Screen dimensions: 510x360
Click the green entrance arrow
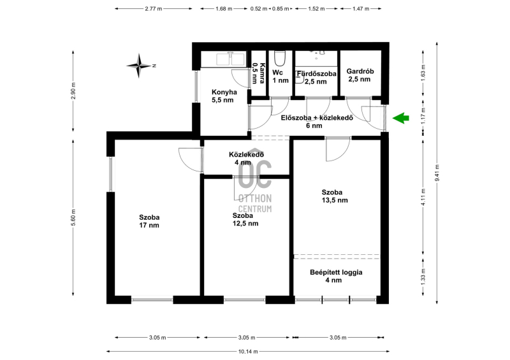[401, 118]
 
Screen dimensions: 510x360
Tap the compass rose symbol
[139, 66]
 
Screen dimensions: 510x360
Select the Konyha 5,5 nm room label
[224, 96]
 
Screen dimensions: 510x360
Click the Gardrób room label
[360, 71]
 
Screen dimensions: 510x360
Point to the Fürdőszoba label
[316, 74]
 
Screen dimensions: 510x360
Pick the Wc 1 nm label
[280, 76]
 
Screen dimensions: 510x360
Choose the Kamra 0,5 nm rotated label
[259, 73]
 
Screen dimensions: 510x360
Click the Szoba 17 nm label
[149, 221]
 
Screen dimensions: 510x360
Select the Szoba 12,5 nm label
[245, 220]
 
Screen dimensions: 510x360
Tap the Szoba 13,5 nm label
[335, 196]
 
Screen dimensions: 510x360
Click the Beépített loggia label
[336, 273]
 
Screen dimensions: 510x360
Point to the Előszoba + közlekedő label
[317, 118]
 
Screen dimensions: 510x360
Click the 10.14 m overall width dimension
[248, 351]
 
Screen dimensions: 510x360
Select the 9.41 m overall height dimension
[437, 173]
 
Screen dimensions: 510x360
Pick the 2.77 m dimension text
[154, 9]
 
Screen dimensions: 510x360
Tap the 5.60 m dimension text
[73, 217]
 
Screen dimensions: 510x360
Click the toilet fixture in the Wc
[280, 59]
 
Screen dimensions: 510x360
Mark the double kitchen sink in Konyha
[231, 59]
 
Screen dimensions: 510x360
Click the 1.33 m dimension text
[423, 278]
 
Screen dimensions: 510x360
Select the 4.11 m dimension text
[423, 197]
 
